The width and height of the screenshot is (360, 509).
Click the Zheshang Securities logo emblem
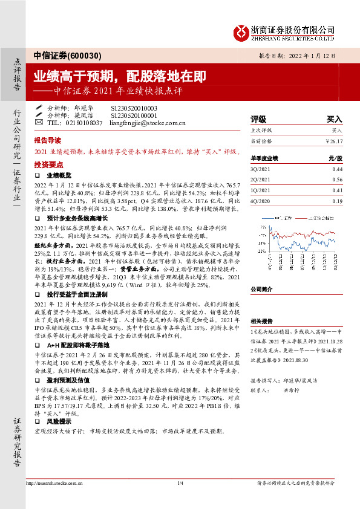[241, 31]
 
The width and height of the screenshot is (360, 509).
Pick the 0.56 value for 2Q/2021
[337, 180]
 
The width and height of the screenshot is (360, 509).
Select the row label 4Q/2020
[261, 200]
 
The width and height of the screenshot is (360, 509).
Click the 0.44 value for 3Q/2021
[337, 169]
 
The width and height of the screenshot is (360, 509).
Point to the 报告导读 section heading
[48, 138]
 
